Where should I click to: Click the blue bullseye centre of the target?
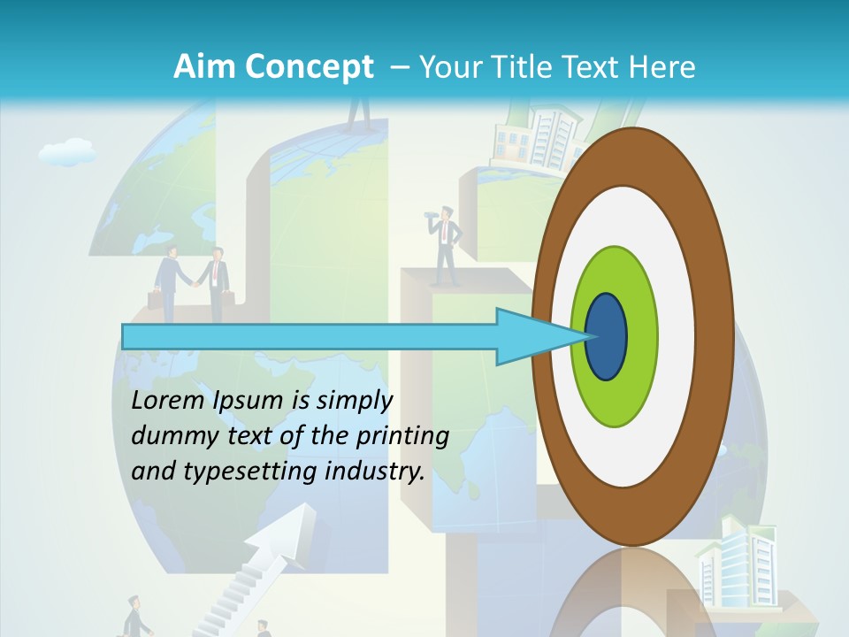pos(607,337)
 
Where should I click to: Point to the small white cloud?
pos(67,152)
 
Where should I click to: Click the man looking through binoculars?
pos(445,243)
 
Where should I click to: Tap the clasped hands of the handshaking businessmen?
pos(190,282)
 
